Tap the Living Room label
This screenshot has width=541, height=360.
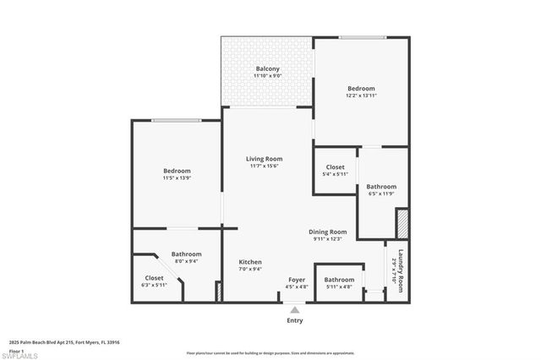pyautogui.click(x=265, y=159)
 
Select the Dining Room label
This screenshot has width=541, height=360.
pyautogui.click(x=327, y=232)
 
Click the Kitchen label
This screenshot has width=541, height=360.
pyautogui.click(x=250, y=262)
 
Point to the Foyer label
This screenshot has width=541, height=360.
pyautogui.click(x=297, y=279)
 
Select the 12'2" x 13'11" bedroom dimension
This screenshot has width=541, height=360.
pyautogui.click(x=361, y=95)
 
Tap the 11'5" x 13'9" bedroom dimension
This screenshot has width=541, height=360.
pyautogui.click(x=177, y=178)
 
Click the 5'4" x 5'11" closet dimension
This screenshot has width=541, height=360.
pyautogui.click(x=336, y=174)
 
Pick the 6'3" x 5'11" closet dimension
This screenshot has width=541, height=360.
pyautogui.click(x=155, y=285)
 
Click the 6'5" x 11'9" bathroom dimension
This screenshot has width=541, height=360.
pyautogui.click(x=381, y=194)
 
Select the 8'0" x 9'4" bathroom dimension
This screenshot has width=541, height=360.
pyautogui.click(x=186, y=261)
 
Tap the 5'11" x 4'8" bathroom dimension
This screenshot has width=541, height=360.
pyautogui.click(x=339, y=286)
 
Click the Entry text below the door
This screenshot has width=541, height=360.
pyautogui.click(x=294, y=320)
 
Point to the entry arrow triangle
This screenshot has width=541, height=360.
pyautogui.click(x=294, y=309)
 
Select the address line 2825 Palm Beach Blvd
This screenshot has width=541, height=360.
pyautogui.click(x=64, y=342)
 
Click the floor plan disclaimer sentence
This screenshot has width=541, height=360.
pyautogui.click(x=270, y=352)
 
